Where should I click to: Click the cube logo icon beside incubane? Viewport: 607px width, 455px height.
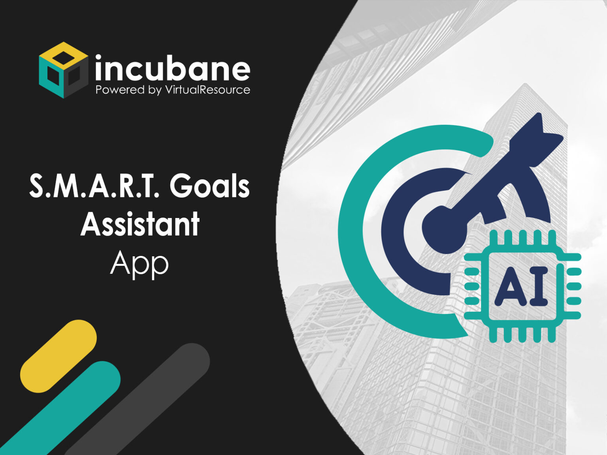coord(63,70)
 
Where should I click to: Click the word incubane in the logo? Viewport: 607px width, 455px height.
coord(172,69)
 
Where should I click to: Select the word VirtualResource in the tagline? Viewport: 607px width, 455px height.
coord(207,90)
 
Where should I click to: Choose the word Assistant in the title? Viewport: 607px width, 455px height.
coord(140,224)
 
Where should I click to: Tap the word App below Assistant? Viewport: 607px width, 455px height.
coord(139,264)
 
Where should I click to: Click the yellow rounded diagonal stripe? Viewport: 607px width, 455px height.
coord(58,356)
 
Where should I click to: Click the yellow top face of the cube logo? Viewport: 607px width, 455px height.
coord(64,55)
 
